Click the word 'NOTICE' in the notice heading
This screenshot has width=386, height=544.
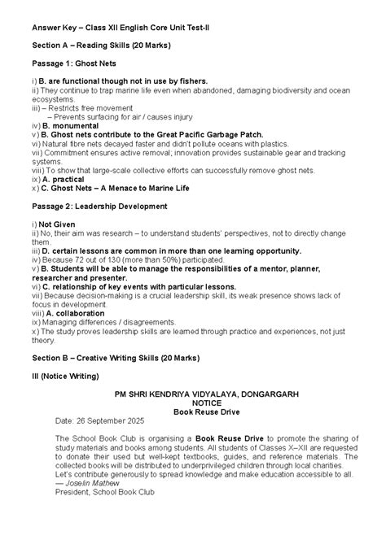pos(206,402)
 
